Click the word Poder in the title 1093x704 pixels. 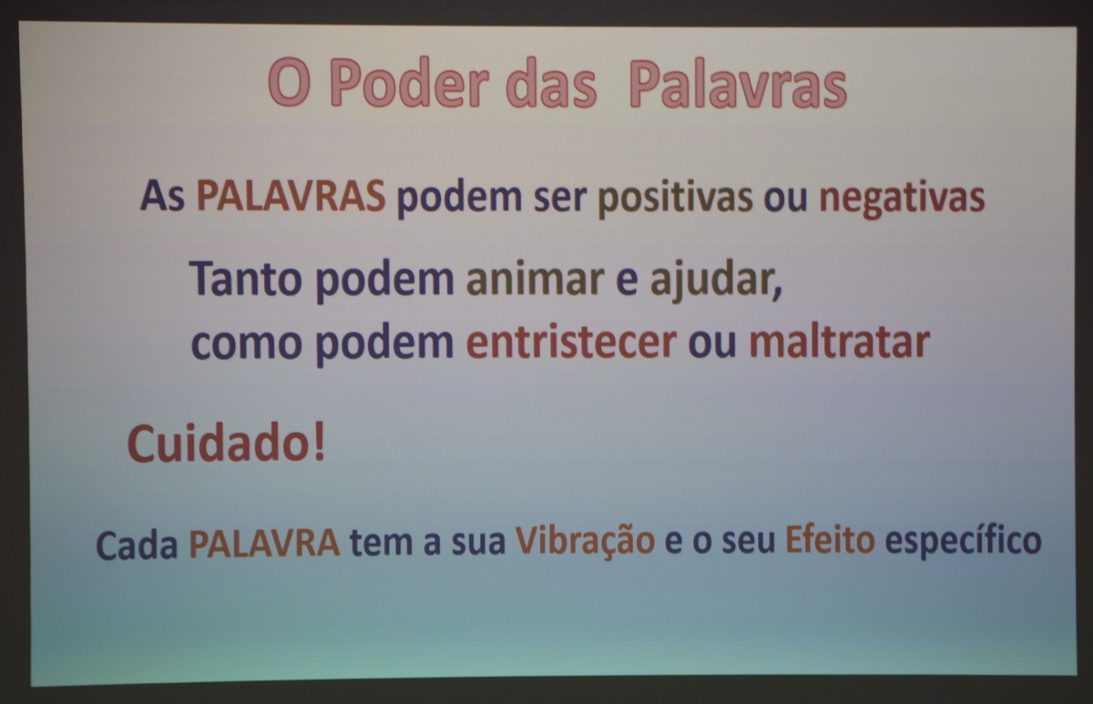coord(413,83)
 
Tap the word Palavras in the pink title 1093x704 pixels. coord(739,84)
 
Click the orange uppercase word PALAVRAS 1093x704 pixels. coord(291,196)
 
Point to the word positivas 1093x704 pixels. coord(675,199)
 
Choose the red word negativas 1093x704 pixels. coord(902,199)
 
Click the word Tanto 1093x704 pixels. coord(246,278)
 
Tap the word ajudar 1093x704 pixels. coord(716,281)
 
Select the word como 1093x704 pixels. coord(247,343)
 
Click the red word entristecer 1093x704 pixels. coord(571,342)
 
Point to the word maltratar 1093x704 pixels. coord(839,342)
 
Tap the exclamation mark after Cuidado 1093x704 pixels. coord(319,442)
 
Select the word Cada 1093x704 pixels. coord(138,544)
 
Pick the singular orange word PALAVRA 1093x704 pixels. coord(264,543)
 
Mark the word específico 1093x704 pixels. coord(964,542)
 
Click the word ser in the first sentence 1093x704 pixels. coord(559,199)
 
